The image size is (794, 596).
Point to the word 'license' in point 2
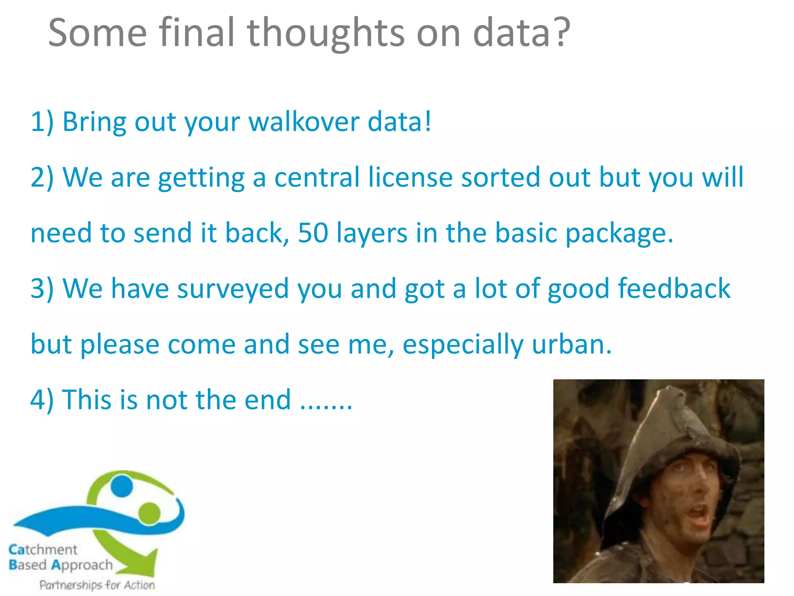click(x=410, y=177)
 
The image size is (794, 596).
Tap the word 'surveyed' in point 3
click(x=233, y=289)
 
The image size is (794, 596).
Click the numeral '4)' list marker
click(x=42, y=400)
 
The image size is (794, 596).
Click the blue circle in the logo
click(x=121, y=486)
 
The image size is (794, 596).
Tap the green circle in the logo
click(x=149, y=512)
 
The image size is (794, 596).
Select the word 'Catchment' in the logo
click(x=43, y=549)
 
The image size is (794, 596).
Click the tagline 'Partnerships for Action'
click(x=97, y=585)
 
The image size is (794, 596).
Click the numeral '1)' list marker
click(x=42, y=121)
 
